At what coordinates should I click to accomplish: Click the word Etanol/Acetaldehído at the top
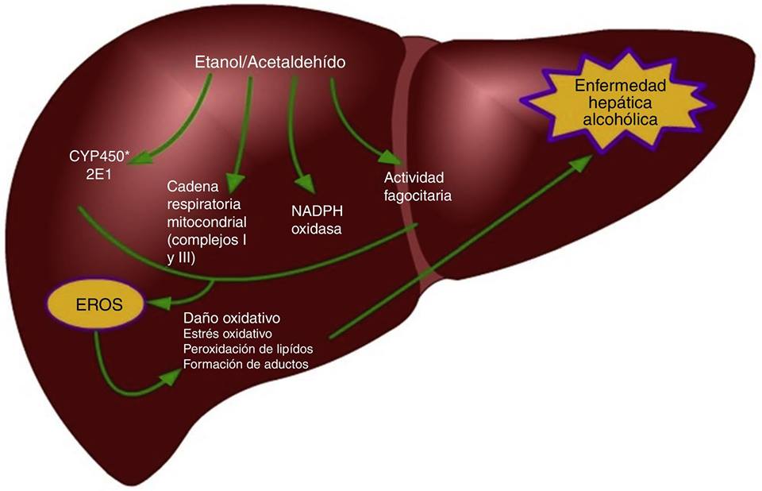270,62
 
